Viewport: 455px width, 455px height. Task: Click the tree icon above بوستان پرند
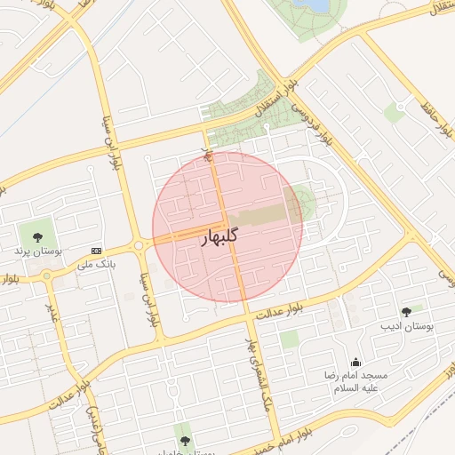pos(37,237)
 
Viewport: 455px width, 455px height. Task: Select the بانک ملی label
pos(97,264)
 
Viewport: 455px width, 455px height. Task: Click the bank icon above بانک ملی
pos(97,251)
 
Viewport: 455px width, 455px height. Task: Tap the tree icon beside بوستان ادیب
pos(406,311)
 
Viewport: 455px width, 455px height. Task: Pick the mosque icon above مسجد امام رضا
pos(355,362)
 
